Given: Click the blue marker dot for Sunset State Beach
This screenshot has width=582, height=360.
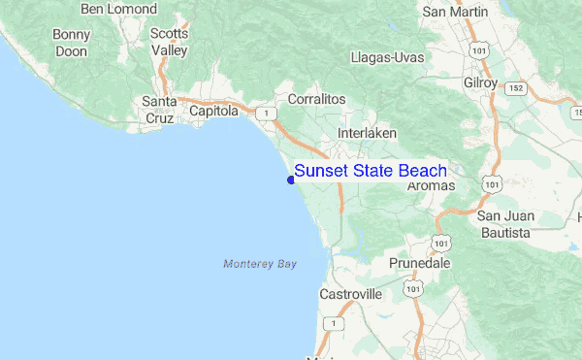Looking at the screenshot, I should click(x=291, y=178).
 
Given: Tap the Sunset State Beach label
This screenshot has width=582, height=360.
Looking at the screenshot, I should click(x=371, y=171).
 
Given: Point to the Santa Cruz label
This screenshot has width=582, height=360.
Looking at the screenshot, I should click(x=159, y=110).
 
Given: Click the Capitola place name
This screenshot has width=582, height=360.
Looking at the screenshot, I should click(x=213, y=112).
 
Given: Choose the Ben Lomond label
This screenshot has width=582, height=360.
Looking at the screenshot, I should click(x=118, y=9).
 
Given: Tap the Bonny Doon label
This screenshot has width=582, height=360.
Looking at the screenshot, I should click(x=71, y=43).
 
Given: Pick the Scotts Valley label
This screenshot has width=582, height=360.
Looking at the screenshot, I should click(x=169, y=42).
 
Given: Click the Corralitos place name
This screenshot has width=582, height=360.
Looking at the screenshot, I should click(x=316, y=99).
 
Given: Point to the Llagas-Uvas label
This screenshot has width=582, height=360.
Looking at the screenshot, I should click(x=388, y=57).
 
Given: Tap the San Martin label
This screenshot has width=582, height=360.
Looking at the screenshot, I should click(x=447, y=12).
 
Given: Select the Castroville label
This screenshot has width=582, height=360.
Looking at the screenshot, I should click(x=349, y=293).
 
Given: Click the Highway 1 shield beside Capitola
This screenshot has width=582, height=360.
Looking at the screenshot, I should click(x=264, y=114).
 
